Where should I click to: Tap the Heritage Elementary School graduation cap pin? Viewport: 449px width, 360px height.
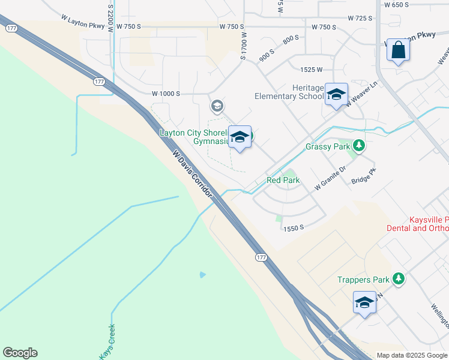click(x=336, y=94)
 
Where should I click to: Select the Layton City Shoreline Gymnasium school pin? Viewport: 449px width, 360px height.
click(x=240, y=137)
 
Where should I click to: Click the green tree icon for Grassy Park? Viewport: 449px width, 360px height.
click(x=359, y=146)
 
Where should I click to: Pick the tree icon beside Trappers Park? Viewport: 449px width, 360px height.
click(x=397, y=279)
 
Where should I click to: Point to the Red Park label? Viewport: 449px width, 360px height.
click(x=283, y=180)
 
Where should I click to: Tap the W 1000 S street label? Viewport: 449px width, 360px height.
click(x=166, y=94)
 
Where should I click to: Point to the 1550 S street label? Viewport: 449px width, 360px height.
click(x=295, y=228)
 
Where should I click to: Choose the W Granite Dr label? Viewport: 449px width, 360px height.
click(x=331, y=179)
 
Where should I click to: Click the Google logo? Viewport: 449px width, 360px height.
click(x=20, y=353)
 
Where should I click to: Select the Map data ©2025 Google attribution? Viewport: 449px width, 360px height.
click(x=412, y=355)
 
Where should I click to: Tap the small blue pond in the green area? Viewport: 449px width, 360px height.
click(x=203, y=275)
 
